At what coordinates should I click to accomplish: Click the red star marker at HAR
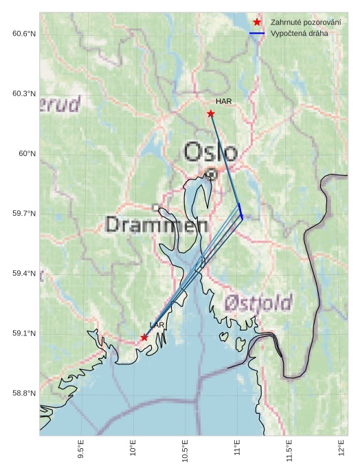[211, 113]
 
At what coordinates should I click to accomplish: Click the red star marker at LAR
[144, 338]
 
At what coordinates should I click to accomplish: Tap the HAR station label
[223, 101]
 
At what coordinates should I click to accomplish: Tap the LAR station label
[157, 325]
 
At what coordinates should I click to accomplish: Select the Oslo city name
[211, 152]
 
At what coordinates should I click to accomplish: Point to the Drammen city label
[157, 225]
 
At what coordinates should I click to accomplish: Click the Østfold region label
[258, 302]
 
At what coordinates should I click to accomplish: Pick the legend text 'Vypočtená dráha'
[300, 33]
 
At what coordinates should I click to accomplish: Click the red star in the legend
[257, 23]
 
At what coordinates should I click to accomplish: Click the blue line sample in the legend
[257, 33]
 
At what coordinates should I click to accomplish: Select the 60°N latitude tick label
[27, 154]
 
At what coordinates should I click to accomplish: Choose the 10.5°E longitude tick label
[185, 451]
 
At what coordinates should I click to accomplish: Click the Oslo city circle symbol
[212, 175]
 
